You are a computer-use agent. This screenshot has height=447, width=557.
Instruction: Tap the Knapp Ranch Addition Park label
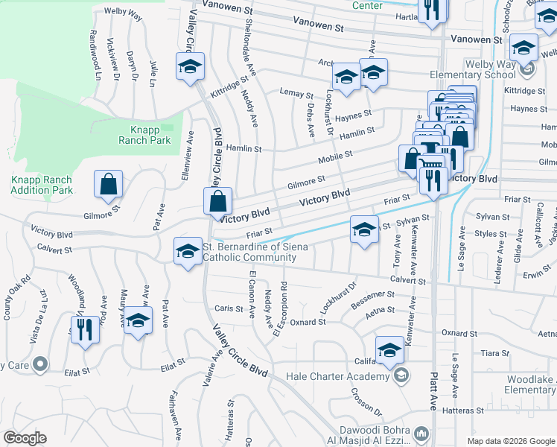point(42,185)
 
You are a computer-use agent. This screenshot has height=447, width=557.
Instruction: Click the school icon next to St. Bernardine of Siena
point(188,252)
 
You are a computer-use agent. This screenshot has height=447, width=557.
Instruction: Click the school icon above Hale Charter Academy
point(390,350)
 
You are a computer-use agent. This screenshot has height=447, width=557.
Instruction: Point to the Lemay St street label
point(296,94)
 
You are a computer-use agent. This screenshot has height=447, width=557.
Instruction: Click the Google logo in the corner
point(25,438)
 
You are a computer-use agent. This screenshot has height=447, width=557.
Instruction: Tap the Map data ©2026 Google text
point(510,441)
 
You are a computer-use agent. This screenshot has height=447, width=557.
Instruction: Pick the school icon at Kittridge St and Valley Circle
point(190,67)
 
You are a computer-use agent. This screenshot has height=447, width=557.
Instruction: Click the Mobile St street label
point(334,159)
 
